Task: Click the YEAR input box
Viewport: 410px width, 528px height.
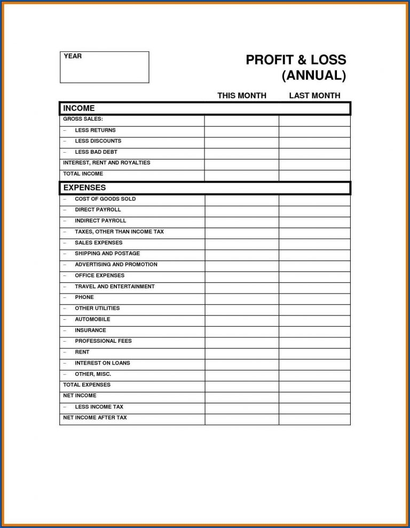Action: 104,67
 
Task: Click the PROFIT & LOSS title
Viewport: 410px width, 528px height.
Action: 296,60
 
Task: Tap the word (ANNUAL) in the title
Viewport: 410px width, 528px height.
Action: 314,75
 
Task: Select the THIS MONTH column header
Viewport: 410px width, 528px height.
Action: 241,96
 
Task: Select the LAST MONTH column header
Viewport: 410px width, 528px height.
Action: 314,96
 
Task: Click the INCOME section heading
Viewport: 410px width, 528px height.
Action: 79,108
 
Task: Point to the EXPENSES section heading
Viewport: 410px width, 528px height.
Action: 84,187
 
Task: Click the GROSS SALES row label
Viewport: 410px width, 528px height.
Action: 83,119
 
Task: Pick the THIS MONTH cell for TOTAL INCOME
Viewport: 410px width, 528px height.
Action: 241,175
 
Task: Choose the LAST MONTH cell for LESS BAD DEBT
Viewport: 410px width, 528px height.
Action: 314,154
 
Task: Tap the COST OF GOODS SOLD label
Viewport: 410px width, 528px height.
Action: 105,199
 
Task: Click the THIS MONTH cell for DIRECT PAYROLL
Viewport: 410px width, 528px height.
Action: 241,211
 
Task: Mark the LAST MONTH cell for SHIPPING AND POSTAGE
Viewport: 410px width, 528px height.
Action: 314,255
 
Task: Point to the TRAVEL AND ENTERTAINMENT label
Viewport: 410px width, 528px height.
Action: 114,286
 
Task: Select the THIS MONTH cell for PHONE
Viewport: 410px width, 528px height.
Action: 241,299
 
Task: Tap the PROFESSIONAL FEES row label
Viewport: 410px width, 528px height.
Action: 103,341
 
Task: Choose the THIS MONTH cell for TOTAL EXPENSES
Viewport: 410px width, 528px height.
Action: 241,387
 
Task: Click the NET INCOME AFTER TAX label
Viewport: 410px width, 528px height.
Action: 95,417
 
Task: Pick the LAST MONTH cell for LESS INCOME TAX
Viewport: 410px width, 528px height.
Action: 314,408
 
